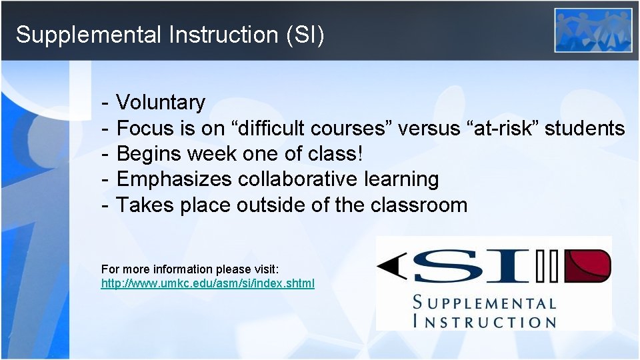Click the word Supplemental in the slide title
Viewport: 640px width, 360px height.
[88, 35]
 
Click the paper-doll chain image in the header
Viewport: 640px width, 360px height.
[593, 29]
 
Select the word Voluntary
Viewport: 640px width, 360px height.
[161, 103]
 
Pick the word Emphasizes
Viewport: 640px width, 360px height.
[174, 179]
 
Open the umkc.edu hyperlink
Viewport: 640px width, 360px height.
[207, 284]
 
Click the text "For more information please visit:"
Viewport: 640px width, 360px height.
[190, 269]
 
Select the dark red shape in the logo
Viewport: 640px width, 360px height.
[587, 266]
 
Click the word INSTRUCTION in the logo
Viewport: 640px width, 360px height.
[485, 321]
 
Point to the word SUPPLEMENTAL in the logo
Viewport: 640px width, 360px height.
[485, 303]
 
